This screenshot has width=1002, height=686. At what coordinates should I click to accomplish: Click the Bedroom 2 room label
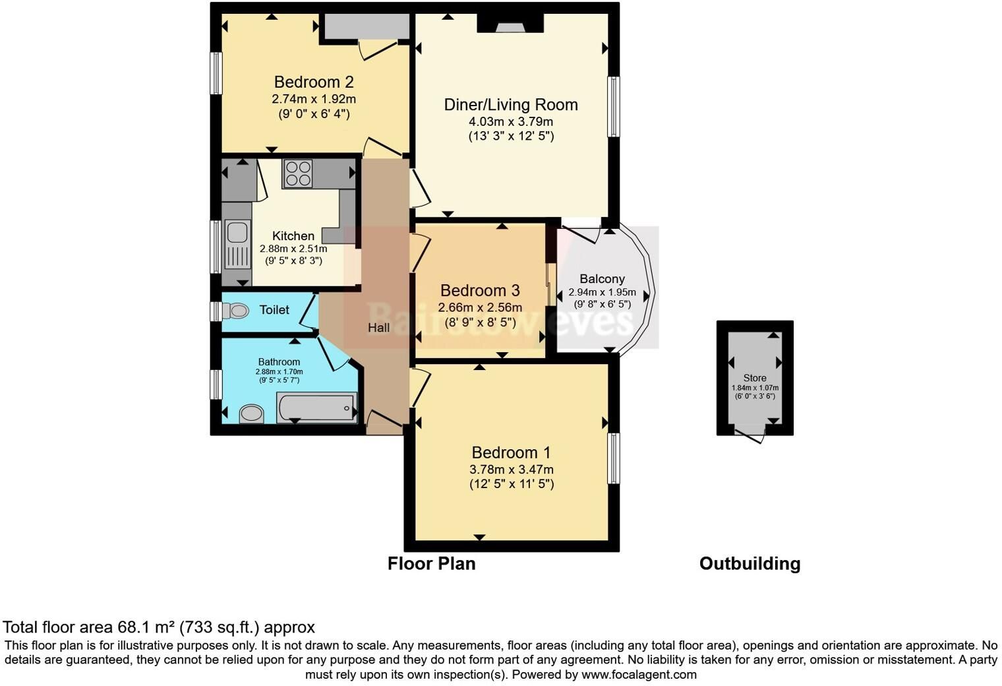coord(314,82)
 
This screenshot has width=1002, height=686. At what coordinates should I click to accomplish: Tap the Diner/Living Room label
coord(511,105)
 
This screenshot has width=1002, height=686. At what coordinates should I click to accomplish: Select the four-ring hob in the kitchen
coord(298,173)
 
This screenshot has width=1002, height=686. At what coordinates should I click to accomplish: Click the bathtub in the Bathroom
coord(316,407)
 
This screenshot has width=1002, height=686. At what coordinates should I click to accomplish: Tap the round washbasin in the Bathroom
coord(252,414)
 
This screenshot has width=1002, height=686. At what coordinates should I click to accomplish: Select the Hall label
coord(378,328)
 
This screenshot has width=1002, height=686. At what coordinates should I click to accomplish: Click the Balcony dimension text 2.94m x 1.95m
coord(602,292)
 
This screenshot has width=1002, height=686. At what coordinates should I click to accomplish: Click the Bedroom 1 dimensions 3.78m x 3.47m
coord(512,470)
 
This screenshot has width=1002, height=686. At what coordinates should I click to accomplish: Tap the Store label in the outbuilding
coord(755,378)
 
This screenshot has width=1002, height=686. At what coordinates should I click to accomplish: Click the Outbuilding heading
coord(750,563)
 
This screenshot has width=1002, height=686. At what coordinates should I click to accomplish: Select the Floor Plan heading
coord(431,563)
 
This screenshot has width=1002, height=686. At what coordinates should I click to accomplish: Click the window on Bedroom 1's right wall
coord(613,458)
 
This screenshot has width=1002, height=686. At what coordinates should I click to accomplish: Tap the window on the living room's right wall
coord(613,106)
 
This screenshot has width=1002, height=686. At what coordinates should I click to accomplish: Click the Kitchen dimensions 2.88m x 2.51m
coord(293,249)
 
